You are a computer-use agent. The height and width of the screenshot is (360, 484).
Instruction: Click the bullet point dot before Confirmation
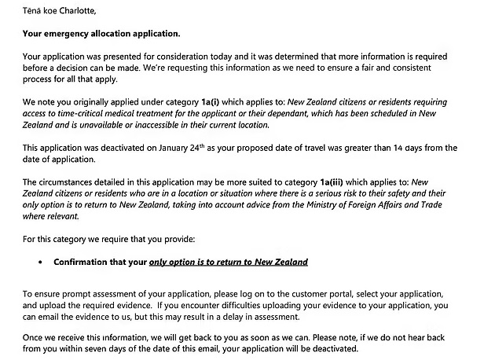click(x=40, y=262)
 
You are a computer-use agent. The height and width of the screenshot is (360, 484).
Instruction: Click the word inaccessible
click(x=151, y=125)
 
